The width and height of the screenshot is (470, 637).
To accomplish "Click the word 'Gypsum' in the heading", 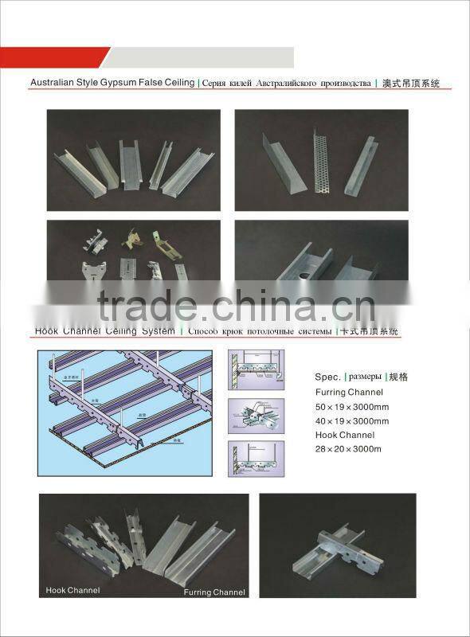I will coord(121,83).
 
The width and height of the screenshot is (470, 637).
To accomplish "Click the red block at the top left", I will coord(52,57).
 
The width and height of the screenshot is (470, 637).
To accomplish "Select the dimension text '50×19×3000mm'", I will coord(351,407).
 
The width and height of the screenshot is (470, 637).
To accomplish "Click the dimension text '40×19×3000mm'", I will coord(351,421).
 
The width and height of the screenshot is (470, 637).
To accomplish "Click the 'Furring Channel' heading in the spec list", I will coord(349,392).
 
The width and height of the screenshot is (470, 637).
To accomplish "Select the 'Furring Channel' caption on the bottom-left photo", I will coord(214,592).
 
